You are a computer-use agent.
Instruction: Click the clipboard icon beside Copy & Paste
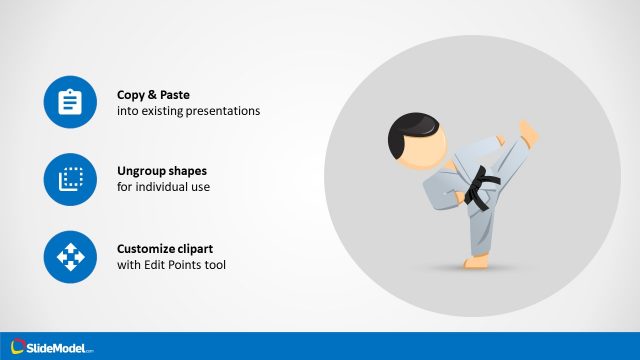70,102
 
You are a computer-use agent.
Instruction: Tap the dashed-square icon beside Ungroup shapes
70,180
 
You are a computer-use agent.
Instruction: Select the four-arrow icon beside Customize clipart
70,257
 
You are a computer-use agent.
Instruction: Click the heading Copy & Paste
152,94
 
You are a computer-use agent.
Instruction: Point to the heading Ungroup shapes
162,171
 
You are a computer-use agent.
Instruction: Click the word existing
154,111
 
